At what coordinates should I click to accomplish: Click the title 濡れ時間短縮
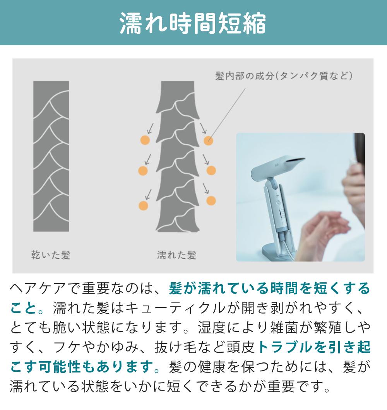tap(193, 23)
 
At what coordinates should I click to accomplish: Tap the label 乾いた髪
tap(51, 255)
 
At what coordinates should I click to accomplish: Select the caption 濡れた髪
tap(176, 255)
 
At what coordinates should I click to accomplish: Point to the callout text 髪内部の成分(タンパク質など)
tap(284, 76)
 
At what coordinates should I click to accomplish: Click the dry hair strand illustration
tap(51, 156)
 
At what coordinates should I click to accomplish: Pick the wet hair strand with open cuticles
tap(178, 156)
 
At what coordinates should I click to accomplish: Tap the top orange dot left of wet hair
tap(145, 140)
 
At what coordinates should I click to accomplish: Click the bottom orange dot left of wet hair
tap(144, 205)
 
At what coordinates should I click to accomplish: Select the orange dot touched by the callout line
tap(209, 140)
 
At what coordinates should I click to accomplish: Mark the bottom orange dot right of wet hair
tap(211, 201)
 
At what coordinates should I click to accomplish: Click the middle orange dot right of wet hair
tap(211, 171)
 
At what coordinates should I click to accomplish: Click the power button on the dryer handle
tap(278, 202)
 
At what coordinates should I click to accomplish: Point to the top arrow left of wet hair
tap(150, 128)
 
